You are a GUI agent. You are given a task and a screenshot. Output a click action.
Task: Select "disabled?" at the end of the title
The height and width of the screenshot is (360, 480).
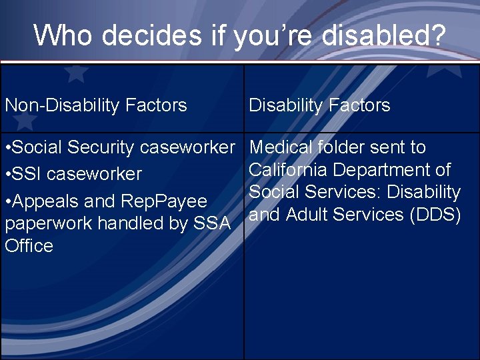383,35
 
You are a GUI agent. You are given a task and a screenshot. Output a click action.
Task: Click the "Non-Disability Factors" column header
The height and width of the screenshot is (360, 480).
96,105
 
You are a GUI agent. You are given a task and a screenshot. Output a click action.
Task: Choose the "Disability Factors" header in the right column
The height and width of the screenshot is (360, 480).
319,105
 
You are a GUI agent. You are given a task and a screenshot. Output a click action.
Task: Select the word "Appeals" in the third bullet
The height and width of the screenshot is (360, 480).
41,201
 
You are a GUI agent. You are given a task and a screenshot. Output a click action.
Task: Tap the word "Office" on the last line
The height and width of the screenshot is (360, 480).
29,246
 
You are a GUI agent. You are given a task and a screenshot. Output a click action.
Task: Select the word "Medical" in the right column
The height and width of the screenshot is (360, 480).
281,147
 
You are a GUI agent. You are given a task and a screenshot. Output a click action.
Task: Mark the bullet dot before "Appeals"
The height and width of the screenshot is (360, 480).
7,201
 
